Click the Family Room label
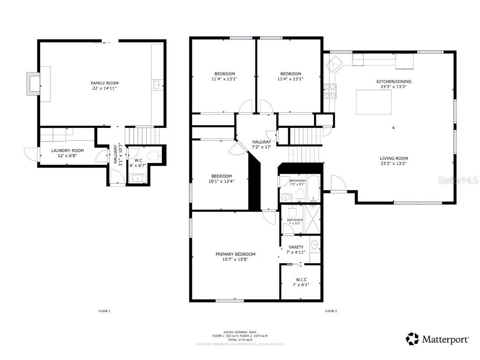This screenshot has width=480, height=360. pyautogui.click(x=105, y=83)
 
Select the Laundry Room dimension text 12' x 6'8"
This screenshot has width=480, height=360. pyautogui.click(x=67, y=156)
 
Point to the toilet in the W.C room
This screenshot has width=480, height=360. pyautogui.click(x=152, y=156)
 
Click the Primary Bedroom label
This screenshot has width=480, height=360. pyautogui.click(x=235, y=254)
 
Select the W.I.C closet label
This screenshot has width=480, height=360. pyautogui.click(x=301, y=280)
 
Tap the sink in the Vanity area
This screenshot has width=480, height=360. pyautogui.click(x=315, y=244)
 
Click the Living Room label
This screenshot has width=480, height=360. pyautogui.click(x=393, y=158)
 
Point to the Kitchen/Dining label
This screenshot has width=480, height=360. pyautogui.click(x=393, y=81)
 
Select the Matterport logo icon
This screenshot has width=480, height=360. pyautogui.click(x=412, y=339)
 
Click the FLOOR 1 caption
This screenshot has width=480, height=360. pyautogui.click(x=104, y=311)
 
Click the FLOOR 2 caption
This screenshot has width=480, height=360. pyautogui.click(x=331, y=311)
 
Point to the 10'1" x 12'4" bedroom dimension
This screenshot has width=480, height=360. pyautogui.click(x=221, y=180)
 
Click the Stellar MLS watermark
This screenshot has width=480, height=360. pyautogui.click(x=460, y=180)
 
